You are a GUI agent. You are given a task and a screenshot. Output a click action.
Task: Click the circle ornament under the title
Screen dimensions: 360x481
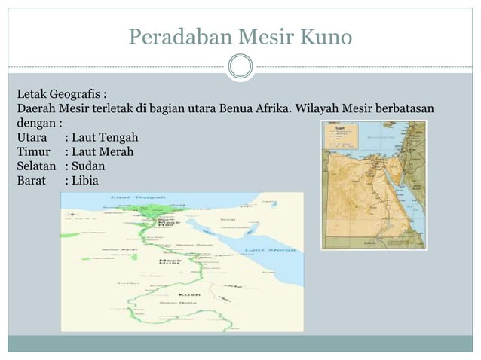240,66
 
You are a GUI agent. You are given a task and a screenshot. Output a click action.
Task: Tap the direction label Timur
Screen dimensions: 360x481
32,152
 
